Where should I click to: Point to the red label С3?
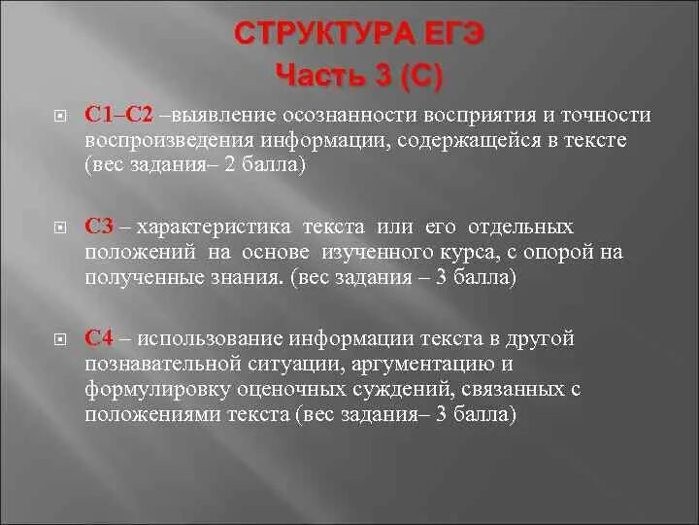(100, 227)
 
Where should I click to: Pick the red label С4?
(100, 338)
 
